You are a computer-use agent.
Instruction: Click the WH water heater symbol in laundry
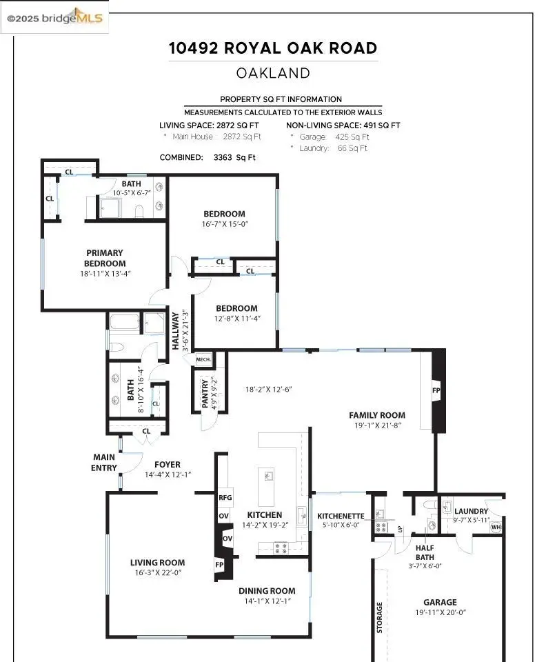coord(496,527)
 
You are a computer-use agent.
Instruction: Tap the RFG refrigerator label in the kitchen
coord(225,498)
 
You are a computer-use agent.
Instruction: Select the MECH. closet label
coord(203,359)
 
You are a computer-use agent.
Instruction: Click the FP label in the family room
coord(436,390)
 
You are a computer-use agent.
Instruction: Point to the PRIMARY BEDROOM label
coord(105,258)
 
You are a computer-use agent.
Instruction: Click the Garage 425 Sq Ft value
coord(352,137)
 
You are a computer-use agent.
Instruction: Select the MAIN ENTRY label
coord(104,462)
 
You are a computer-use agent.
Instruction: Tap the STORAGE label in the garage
coord(379,617)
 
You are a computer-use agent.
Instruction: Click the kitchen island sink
coord(268,476)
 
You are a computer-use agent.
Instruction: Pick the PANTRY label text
coord(205,394)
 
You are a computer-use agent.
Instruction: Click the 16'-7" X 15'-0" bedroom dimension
coord(225,224)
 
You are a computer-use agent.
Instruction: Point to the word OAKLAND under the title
coord(273,73)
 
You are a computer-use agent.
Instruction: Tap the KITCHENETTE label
coord(341,516)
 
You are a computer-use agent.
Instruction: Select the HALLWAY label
coord(176,331)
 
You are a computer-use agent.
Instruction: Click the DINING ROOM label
coord(267,591)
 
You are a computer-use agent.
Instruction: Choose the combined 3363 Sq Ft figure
coord(234,157)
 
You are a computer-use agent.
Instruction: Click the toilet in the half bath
coord(429,505)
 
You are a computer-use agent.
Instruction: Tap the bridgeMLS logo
coord(55,17)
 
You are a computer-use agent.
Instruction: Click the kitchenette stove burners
coord(381,527)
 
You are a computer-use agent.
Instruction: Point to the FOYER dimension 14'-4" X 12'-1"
coord(168,474)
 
